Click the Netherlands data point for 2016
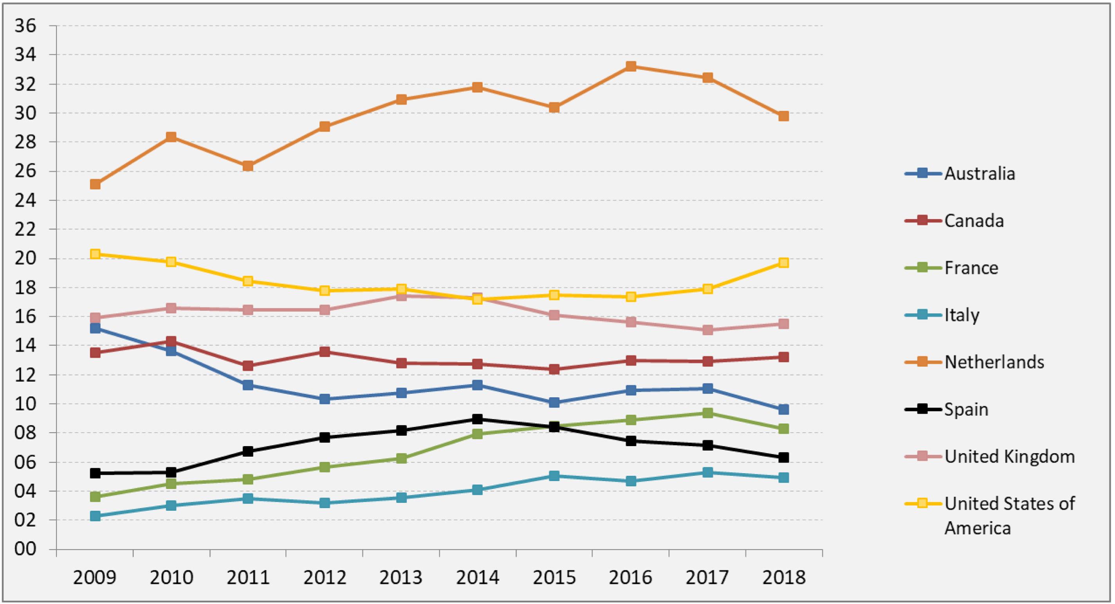pos(631,66)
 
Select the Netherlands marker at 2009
pos(95,184)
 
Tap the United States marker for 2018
pos(783,263)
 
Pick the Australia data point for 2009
pos(95,328)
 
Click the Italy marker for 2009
pos(95,516)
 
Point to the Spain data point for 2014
pos(477,419)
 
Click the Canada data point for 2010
pos(171,341)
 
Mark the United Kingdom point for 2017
pos(708,330)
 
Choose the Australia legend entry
pos(980,174)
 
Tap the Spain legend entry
pos(966,409)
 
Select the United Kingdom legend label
pos(1009,456)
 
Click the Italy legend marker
pos(923,315)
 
